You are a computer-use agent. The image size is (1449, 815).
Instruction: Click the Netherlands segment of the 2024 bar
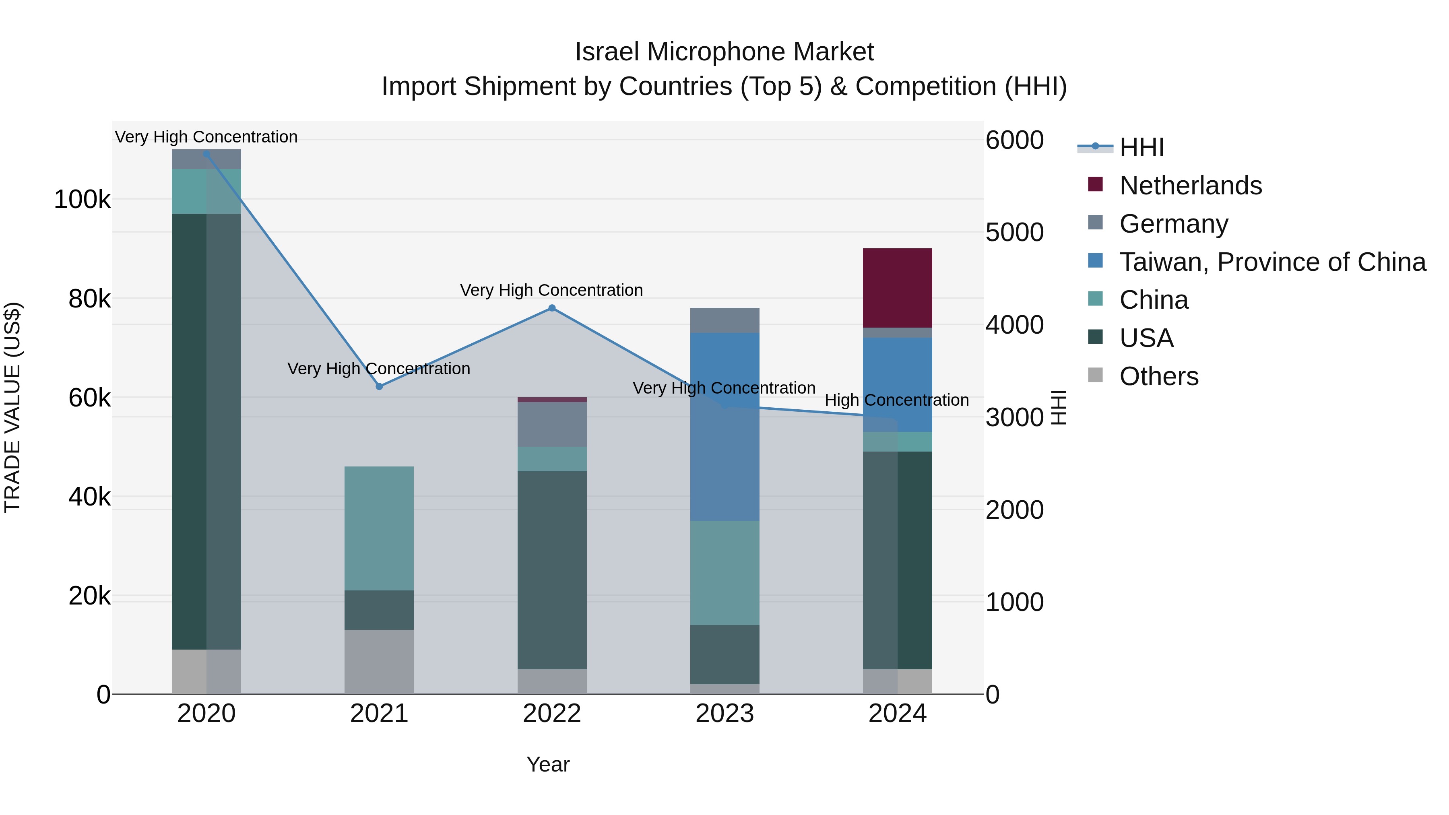897,287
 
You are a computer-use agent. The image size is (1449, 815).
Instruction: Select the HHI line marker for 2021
379,386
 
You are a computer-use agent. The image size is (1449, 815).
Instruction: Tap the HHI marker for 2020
206,154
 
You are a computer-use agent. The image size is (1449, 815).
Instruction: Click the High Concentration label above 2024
897,400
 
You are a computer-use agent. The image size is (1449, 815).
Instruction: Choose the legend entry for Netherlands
1190,186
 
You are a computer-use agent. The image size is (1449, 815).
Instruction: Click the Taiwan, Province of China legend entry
1272,262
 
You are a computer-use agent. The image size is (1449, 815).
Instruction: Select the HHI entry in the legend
1141,147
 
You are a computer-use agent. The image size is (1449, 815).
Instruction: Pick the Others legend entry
1159,376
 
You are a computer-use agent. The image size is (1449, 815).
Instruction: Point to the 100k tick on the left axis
82,199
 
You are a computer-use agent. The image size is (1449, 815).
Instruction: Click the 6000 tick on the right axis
1015,140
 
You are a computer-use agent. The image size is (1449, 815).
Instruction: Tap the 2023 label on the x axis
724,714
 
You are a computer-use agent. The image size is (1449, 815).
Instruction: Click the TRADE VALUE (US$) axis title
12,407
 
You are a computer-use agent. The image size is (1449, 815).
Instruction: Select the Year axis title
548,764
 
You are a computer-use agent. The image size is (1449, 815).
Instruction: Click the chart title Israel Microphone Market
724,52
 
